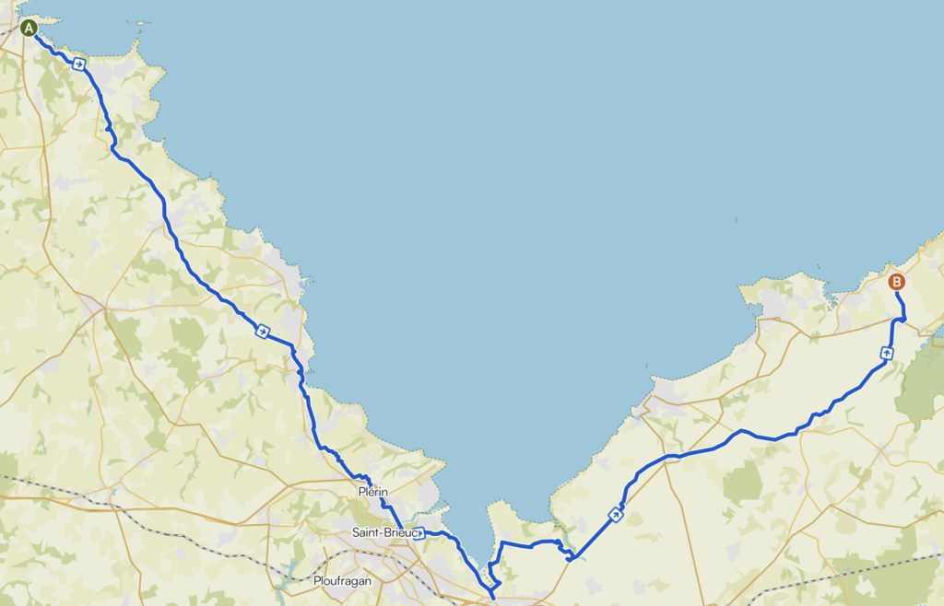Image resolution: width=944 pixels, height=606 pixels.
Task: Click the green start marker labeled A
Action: coord(29,28)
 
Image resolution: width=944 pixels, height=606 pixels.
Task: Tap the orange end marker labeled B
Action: coord(896,283)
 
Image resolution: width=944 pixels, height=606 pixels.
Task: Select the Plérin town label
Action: coord(372,493)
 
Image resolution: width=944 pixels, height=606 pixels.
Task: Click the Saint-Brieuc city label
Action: coord(382,532)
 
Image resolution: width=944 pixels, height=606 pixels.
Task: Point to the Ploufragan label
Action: coord(342,581)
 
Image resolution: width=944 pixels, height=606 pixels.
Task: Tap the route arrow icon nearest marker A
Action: coord(80,64)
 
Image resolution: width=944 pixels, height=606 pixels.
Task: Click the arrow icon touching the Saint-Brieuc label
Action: coord(419,533)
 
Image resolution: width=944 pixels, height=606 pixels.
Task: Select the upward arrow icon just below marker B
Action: coord(887,352)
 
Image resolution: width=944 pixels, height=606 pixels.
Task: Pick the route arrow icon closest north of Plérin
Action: coord(263,331)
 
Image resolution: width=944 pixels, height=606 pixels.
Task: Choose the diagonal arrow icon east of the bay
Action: coord(615,514)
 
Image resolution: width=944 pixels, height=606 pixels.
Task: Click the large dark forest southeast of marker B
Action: coord(922,382)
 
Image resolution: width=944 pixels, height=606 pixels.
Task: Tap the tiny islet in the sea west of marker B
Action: coord(737,219)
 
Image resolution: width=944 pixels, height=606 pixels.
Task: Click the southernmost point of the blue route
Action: coord(493,598)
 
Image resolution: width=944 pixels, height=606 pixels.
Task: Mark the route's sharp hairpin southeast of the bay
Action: coord(570,557)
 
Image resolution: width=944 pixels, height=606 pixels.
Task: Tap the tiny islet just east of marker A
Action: coord(138,41)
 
